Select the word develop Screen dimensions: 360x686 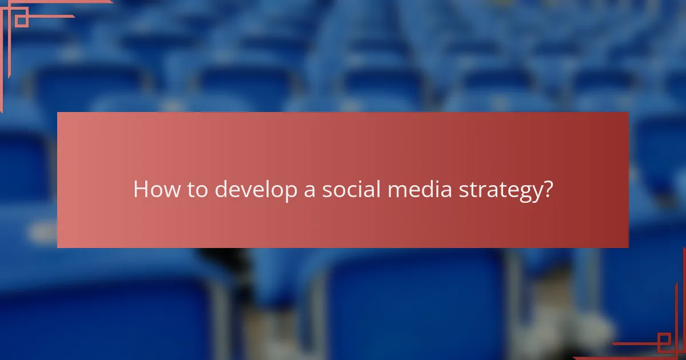255,190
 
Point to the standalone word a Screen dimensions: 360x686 309,191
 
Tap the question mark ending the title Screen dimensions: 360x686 548,190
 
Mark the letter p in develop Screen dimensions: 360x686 289,192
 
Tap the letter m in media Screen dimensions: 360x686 397,191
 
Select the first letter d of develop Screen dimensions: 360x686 221,190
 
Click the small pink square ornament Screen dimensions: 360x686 21,21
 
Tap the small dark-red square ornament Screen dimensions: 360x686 664,342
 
